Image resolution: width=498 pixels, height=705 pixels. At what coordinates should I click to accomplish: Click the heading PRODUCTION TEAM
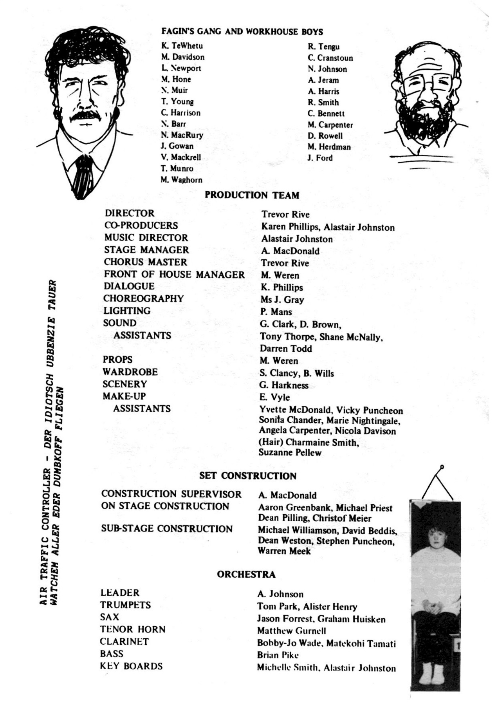[x=252, y=195]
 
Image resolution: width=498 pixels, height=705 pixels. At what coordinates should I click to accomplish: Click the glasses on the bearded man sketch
[x=426, y=83]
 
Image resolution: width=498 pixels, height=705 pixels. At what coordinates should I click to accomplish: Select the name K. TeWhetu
[x=182, y=46]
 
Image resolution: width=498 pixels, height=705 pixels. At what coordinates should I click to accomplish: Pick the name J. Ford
[x=320, y=158]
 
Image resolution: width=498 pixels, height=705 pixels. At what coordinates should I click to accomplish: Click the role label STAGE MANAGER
[x=146, y=250]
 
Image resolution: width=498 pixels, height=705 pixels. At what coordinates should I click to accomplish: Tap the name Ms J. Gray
[x=282, y=300]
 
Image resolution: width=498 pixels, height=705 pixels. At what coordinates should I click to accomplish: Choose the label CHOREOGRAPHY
[x=143, y=298]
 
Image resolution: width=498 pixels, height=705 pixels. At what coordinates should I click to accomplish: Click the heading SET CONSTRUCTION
[x=248, y=476]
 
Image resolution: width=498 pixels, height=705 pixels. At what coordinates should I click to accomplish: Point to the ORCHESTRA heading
[x=246, y=574]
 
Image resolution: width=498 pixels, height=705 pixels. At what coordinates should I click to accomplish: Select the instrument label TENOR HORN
[x=133, y=629]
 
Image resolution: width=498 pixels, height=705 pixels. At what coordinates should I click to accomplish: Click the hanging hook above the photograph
[x=442, y=467]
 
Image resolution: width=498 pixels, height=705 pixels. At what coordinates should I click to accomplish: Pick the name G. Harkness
[x=284, y=385]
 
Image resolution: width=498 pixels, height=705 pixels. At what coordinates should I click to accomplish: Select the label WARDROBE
[x=130, y=372]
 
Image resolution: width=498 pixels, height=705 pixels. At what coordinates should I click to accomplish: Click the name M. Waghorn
[x=181, y=180]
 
